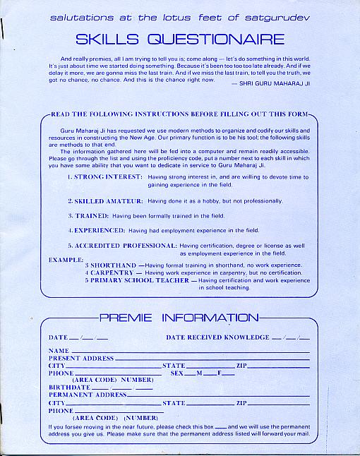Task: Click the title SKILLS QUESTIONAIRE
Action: pos(181,39)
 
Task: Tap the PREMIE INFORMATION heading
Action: pos(179,318)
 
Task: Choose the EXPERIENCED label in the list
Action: pos(102,230)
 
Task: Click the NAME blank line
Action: pos(191,351)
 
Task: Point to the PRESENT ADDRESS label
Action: pos(81,359)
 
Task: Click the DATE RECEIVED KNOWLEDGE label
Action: pos(217,337)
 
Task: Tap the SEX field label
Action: pos(177,373)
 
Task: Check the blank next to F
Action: pos(229,373)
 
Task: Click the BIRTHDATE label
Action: pos(69,388)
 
